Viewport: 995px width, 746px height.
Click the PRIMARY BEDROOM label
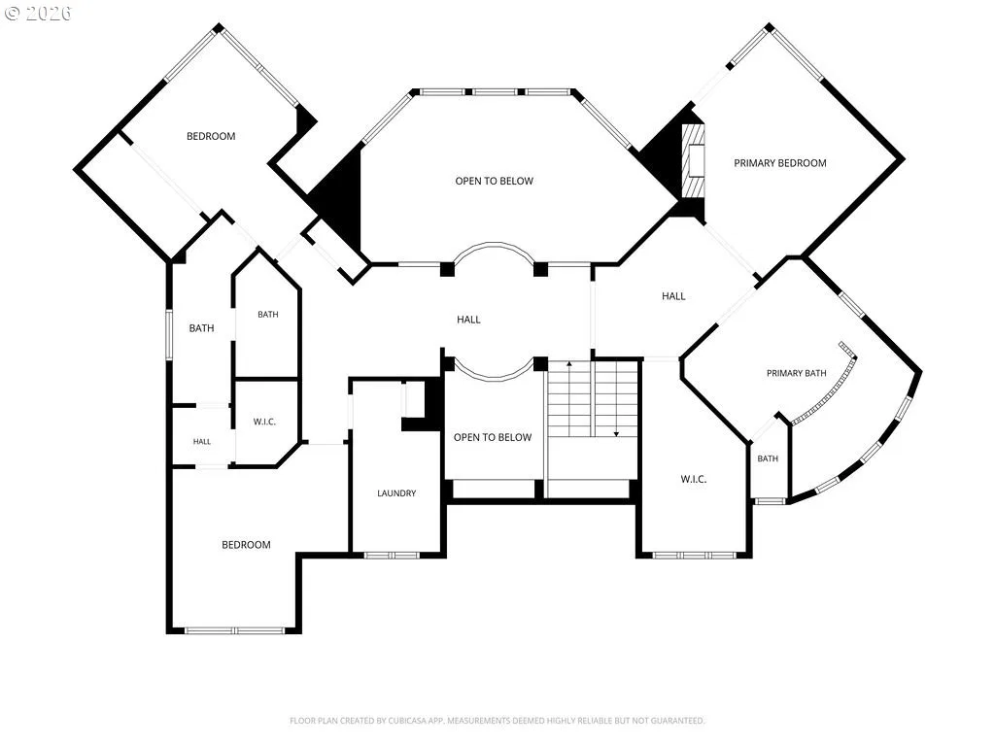point(780,163)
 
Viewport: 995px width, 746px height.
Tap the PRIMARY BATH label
point(797,373)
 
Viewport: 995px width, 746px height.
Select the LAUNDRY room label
point(396,492)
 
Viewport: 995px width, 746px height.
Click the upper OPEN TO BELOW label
point(495,181)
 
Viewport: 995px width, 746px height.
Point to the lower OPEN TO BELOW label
point(493,437)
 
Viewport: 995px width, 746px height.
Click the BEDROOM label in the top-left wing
point(211,136)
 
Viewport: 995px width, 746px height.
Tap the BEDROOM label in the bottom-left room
point(246,544)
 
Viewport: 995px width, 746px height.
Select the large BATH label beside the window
point(201,328)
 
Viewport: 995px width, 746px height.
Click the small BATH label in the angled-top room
point(268,314)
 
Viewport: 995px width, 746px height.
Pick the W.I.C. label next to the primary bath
point(694,479)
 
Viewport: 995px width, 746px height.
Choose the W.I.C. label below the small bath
point(264,422)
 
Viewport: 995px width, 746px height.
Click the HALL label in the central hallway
point(469,319)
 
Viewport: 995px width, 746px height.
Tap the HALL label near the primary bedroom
point(673,295)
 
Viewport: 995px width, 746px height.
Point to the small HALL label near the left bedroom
point(202,442)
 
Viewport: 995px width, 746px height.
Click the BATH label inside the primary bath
point(768,458)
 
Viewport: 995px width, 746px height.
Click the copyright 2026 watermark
point(38,13)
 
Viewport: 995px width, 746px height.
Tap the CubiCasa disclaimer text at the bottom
point(497,721)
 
